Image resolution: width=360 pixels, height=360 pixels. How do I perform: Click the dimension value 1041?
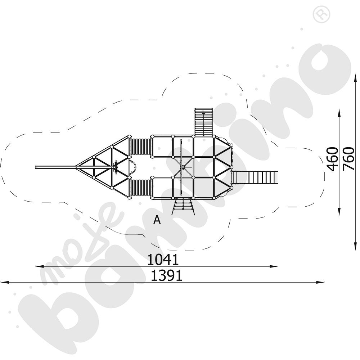[163, 259]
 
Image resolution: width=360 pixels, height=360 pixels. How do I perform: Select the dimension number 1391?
[166, 276]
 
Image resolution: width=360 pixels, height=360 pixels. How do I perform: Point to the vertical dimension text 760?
[348, 159]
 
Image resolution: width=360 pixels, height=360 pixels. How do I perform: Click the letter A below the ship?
[157, 220]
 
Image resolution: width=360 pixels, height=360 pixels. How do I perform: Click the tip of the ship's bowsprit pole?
[37, 167]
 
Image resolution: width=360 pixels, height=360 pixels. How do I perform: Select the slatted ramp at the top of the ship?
[204, 122]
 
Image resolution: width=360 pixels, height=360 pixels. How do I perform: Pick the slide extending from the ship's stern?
[256, 177]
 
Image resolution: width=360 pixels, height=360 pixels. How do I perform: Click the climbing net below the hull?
[184, 207]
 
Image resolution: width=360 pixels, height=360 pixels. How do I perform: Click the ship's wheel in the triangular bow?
[115, 167]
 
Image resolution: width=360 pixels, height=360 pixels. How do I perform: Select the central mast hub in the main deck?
[183, 167]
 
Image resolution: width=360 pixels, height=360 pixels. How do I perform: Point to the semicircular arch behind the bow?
[133, 167]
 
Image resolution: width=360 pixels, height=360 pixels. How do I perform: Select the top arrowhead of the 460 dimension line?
[339, 113]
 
